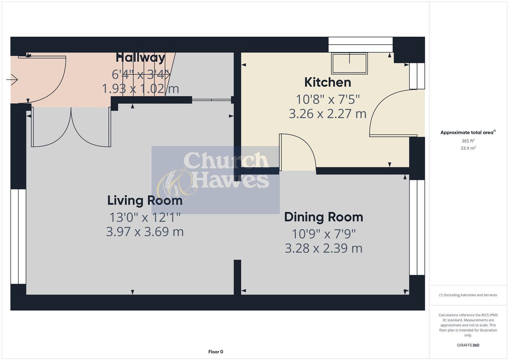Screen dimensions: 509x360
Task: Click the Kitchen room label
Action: pyautogui.click(x=328, y=82)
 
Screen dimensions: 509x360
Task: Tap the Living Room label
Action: pyautogui.click(x=145, y=200)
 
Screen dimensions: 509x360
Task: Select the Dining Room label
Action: pyautogui.click(x=324, y=217)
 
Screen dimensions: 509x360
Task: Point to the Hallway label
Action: pyautogui.click(x=140, y=58)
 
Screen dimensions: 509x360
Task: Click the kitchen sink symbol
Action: pyautogui.click(x=349, y=63)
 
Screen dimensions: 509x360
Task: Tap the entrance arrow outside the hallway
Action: pyautogui.click(x=12, y=80)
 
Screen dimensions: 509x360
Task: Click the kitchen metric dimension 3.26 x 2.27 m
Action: pyautogui.click(x=328, y=114)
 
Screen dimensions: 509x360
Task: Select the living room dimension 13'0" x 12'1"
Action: pyautogui.click(x=145, y=217)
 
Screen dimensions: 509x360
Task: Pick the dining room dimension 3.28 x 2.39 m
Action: pyautogui.click(x=324, y=248)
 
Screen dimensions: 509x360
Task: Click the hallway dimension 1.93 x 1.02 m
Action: pyautogui.click(x=140, y=89)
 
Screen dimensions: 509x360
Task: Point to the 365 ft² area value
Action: pyautogui.click(x=468, y=141)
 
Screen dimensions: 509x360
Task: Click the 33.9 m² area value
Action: pyautogui.click(x=468, y=148)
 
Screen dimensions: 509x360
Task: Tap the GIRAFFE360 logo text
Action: pyautogui.click(x=468, y=345)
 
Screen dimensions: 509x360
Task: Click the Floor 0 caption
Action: pyautogui.click(x=216, y=352)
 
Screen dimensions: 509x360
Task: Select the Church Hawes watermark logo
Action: pyautogui.click(x=215, y=180)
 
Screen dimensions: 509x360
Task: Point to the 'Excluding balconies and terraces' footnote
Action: pyautogui.click(x=468, y=295)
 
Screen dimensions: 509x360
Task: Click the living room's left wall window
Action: pyautogui.click(x=18, y=237)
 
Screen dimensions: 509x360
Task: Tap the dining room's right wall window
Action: pyautogui.click(x=417, y=227)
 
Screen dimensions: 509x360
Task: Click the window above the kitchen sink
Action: pyautogui.click(x=361, y=45)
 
